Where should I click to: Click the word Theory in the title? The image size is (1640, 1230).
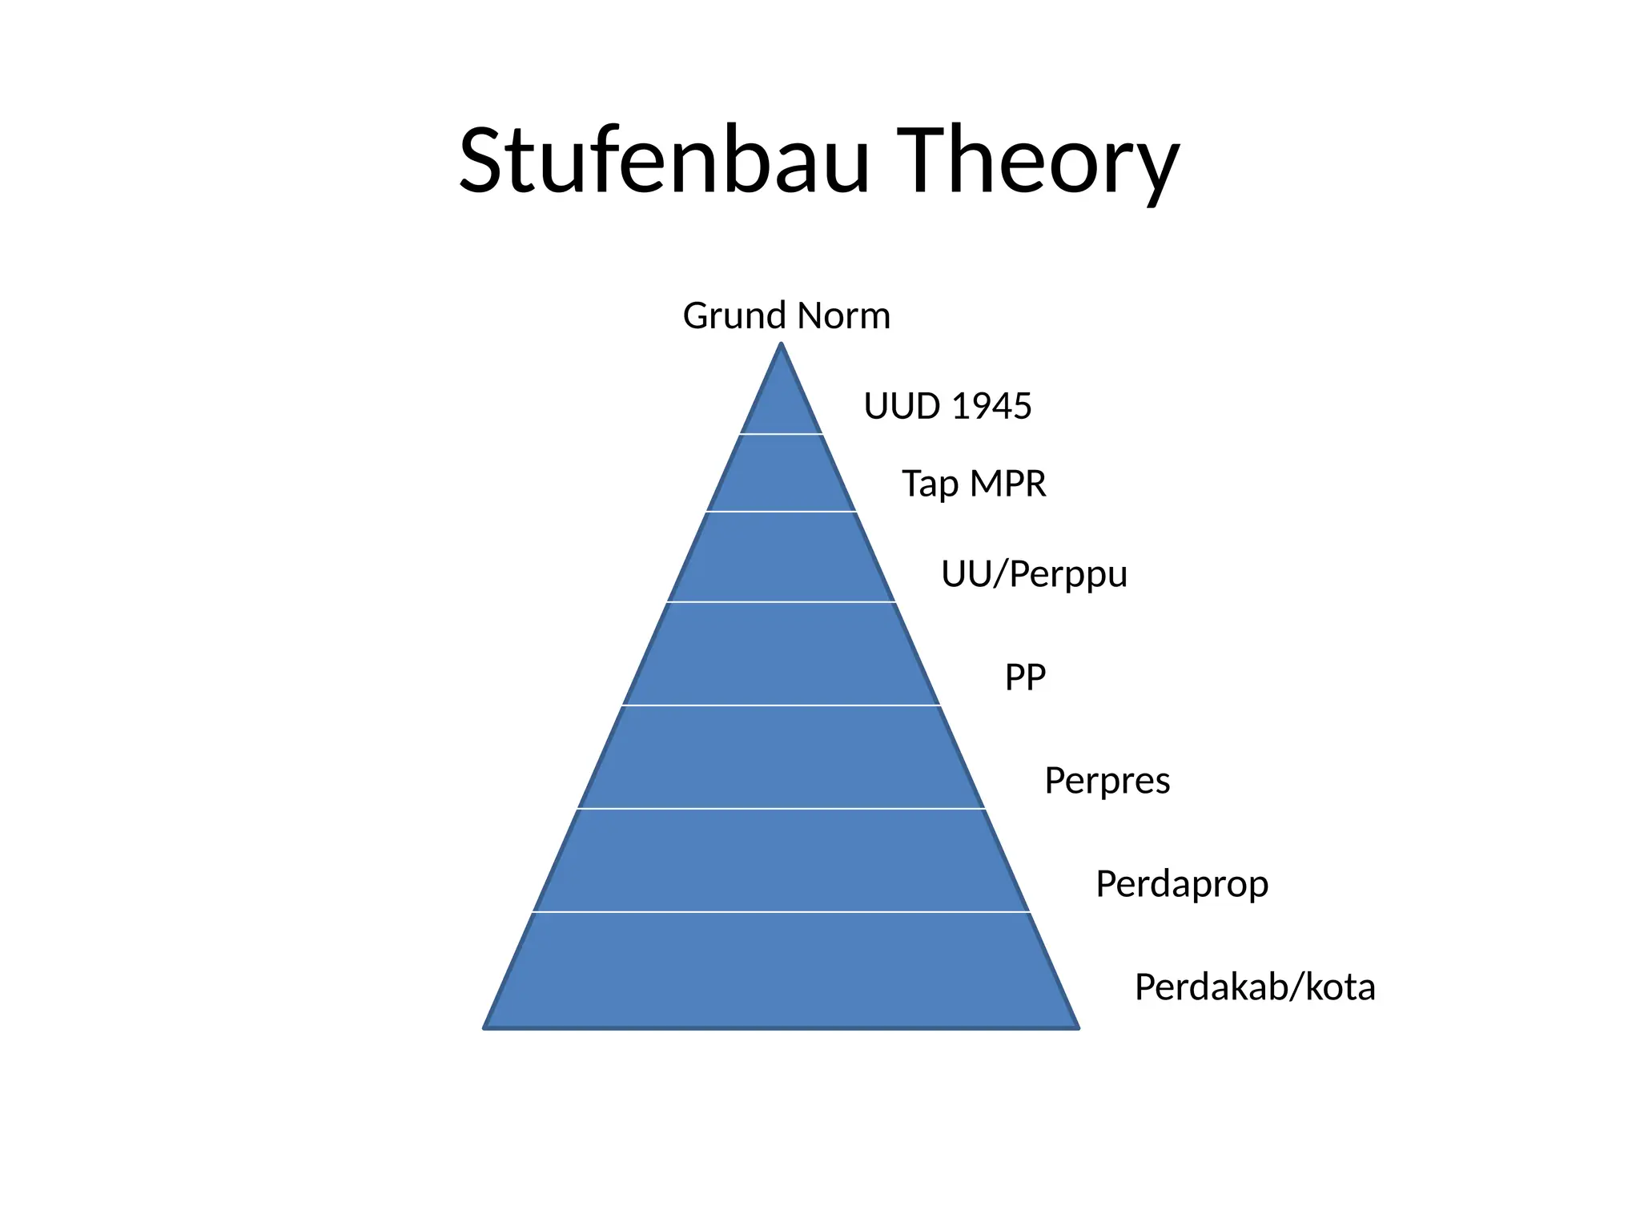click(x=1039, y=163)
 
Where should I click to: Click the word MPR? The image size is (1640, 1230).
click(x=1007, y=484)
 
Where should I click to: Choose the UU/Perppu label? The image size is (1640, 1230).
click(x=1034, y=574)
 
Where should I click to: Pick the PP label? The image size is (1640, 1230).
click(x=1025, y=677)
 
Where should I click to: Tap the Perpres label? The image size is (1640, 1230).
click(x=1107, y=781)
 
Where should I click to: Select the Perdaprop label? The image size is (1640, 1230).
click(x=1182, y=884)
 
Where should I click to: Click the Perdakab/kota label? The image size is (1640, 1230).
click(x=1255, y=987)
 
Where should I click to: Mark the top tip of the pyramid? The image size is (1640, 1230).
click(x=782, y=344)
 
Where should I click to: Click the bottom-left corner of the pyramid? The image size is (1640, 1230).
click(x=485, y=1027)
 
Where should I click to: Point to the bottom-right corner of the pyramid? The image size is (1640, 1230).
click(x=1077, y=1027)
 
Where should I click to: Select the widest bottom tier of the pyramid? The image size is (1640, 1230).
click(x=782, y=970)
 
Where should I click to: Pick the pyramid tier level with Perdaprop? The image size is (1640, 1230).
click(x=782, y=860)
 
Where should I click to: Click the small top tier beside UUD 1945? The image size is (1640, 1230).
click(x=782, y=405)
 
